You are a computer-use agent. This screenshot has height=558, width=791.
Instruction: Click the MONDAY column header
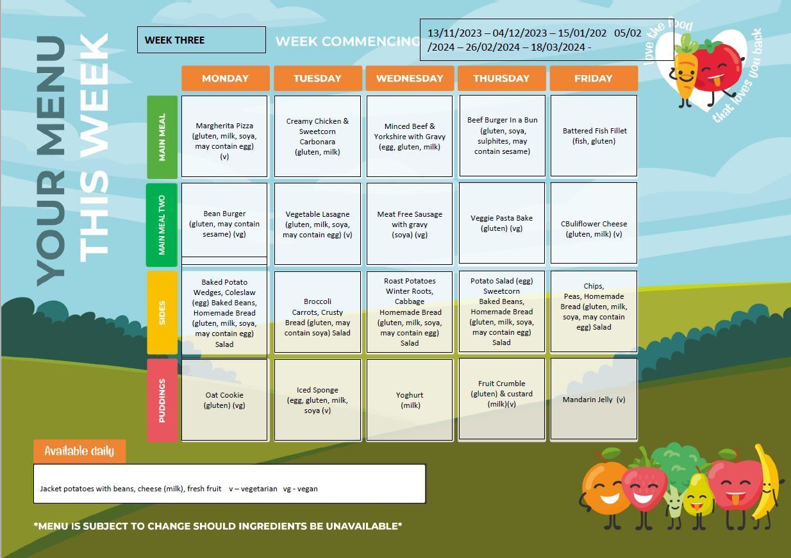225,78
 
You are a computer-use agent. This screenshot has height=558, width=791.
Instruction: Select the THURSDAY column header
501,78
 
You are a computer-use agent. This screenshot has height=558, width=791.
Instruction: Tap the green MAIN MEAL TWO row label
162,224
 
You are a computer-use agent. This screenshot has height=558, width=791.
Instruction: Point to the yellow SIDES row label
162,313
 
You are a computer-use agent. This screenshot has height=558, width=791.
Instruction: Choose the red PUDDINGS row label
162,400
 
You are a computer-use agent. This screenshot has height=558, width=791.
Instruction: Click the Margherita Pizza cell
224,136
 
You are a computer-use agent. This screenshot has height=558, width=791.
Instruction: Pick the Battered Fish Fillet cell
594,136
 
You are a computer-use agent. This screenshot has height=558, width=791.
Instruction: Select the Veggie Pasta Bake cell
501,223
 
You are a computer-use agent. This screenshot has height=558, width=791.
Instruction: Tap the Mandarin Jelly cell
594,399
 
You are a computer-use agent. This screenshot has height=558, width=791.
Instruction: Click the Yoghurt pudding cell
410,400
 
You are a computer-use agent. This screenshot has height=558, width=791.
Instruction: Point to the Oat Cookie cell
224,400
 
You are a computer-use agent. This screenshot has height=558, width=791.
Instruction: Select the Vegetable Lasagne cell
317,224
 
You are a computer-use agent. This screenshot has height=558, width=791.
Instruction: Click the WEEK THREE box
201,40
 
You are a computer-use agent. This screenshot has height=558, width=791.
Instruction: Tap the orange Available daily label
79,451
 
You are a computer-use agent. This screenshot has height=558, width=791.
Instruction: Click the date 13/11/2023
454,33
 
